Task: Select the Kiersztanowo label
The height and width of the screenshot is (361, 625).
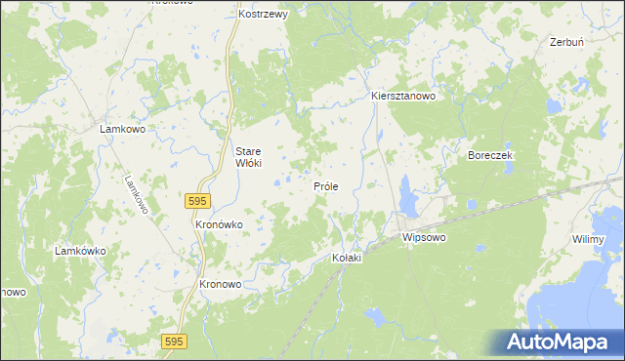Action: [x=402, y=97]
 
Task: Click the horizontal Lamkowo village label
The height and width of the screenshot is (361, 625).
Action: [x=123, y=129]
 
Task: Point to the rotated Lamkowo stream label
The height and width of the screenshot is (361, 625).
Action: [x=136, y=195]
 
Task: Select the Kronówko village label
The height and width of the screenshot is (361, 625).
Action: [x=219, y=223]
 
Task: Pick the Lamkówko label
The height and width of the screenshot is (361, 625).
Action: [x=80, y=251]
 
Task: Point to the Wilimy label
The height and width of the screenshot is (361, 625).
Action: [x=589, y=239]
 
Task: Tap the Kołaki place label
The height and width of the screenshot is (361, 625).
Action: [x=347, y=258]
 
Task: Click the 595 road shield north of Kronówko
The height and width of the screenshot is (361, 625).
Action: [x=196, y=200]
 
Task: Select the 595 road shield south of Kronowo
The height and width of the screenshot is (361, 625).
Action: [x=175, y=340]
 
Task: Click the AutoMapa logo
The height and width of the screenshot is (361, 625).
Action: [x=560, y=342]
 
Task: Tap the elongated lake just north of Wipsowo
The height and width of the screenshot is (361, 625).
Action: [x=408, y=203]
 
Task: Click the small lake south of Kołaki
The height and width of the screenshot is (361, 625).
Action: [x=373, y=315]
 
